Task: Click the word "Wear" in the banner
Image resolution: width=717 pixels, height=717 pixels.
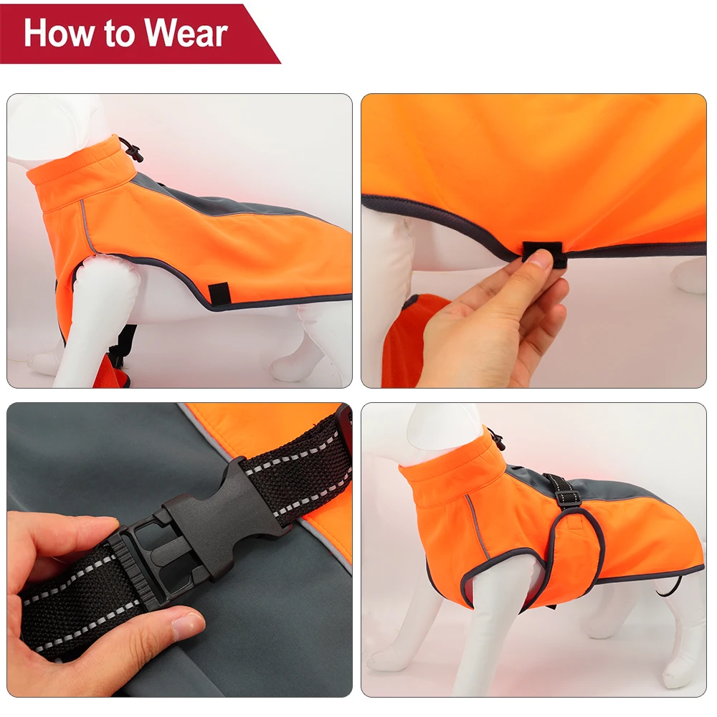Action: pyautogui.click(x=189, y=34)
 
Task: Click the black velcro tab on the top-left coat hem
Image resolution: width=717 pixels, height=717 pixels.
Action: pyautogui.click(x=219, y=293)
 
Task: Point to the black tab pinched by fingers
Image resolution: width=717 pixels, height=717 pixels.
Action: pyautogui.click(x=543, y=252)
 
